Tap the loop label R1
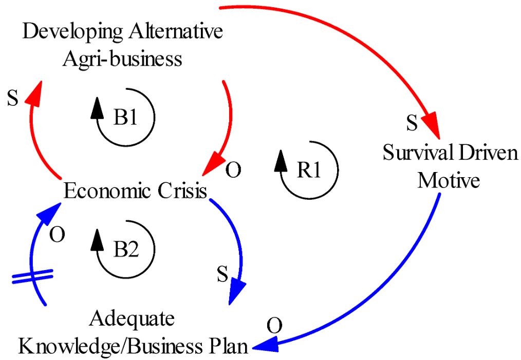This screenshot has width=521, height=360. click(x=309, y=170)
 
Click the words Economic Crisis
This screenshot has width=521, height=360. click(x=135, y=192)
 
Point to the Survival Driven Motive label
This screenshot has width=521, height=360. click(x=450, y=167)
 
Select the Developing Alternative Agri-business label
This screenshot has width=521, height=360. click(x=123, y=45)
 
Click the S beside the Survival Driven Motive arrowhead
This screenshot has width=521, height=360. click(x=411, y=123)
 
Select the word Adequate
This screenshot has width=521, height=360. click(x=132, y=319)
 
